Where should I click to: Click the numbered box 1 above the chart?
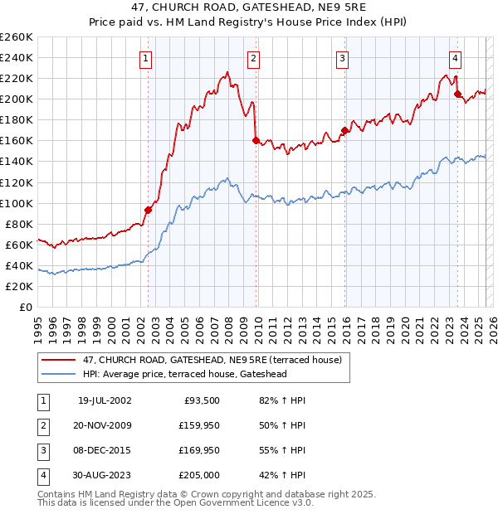[146, 58]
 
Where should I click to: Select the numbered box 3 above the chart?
[342, 58]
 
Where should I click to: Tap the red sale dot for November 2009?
[256, 140]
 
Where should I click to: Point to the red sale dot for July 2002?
[149, 210]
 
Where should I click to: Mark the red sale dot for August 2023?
[457, 94]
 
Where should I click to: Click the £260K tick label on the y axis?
[17, 37]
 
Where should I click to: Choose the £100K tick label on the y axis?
[17, 203]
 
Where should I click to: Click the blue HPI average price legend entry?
[184, 374]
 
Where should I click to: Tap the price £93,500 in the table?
[203, 400]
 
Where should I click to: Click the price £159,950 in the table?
[199, 425]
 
